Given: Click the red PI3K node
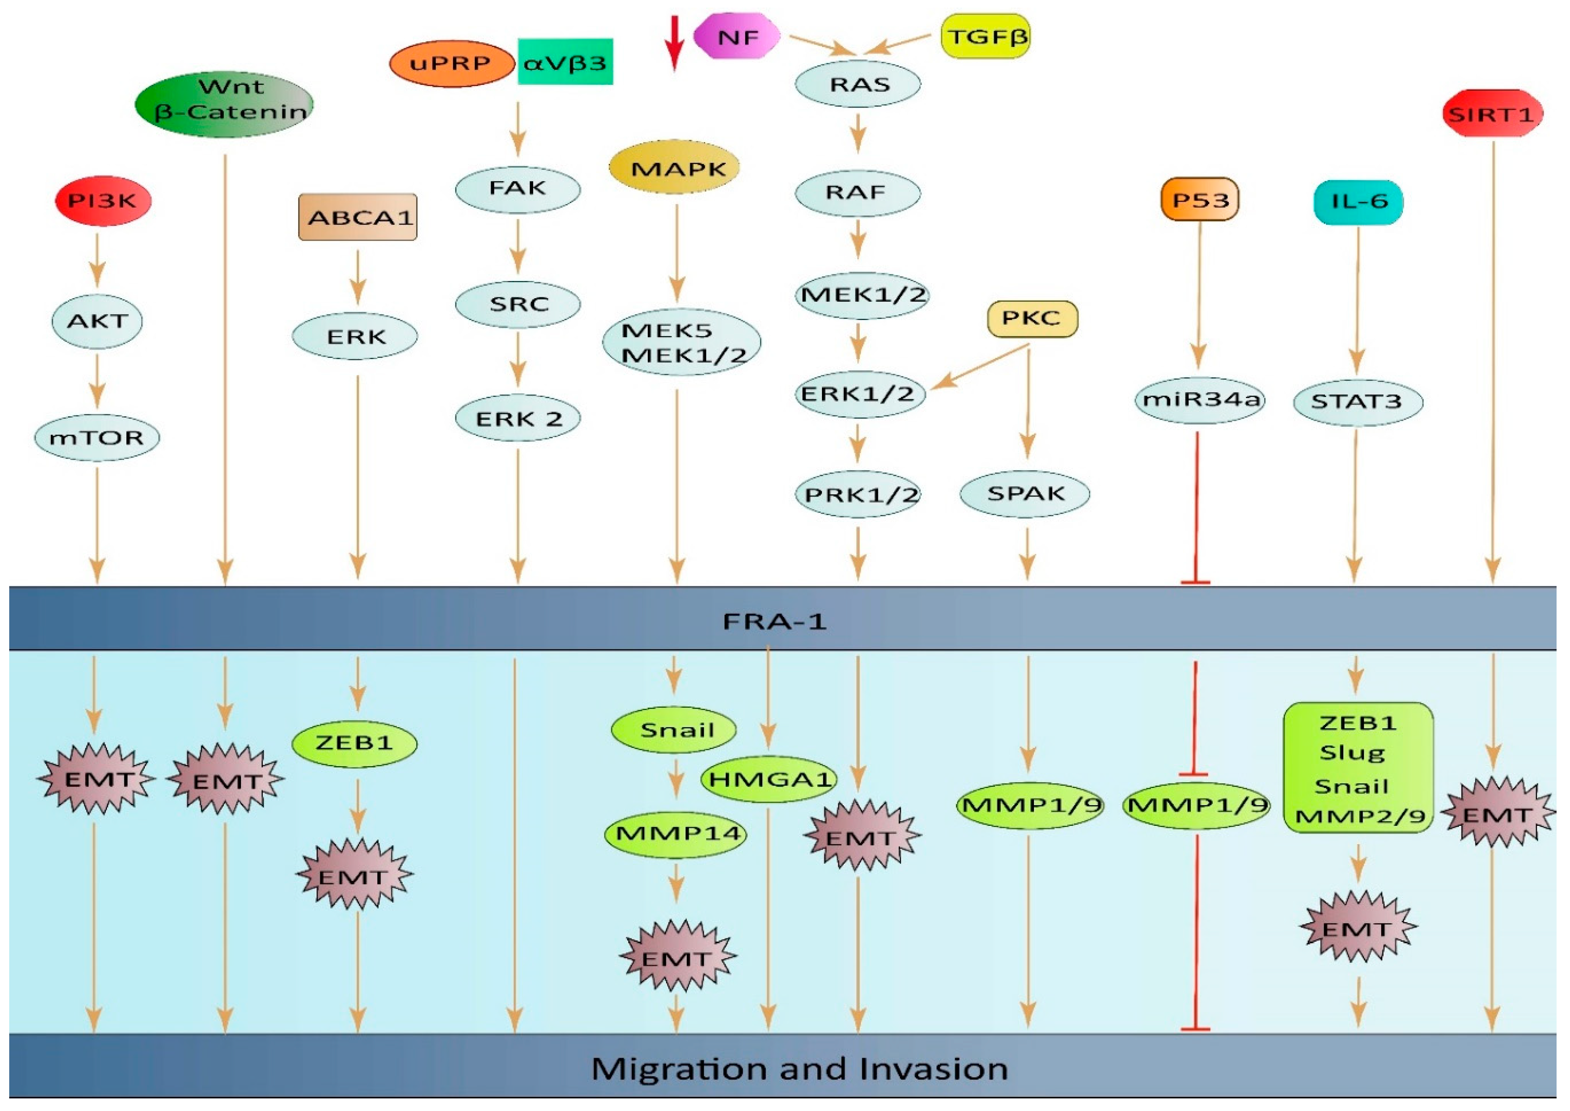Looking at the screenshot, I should [102, 200].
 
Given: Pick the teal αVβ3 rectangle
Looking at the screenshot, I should [565, 62].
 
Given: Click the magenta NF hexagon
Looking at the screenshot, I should [736, 36].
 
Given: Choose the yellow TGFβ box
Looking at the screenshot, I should [985, 36].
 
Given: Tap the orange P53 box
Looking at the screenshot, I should [1200, 200].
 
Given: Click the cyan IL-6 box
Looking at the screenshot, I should [1358, 201].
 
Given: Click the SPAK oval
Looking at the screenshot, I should [1025, 493].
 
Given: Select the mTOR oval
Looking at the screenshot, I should [97, 436].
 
